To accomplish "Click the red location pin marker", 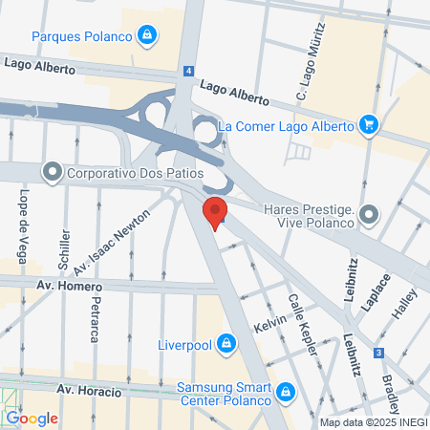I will click(215, 212).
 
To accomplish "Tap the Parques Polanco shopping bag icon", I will click(146, 37).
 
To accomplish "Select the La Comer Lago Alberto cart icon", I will click(368, 124).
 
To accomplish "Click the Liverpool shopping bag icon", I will click(226, 342).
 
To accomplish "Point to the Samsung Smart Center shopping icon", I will click(285, 392).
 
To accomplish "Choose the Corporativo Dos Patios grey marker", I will click(51, 174).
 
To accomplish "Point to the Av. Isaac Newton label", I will click(119, 238).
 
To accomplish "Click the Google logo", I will click(32, 418).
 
